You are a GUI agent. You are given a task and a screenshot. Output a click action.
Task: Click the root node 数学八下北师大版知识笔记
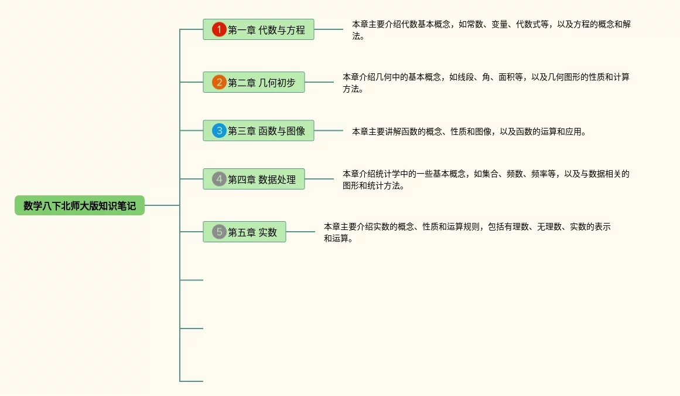coord(80,205)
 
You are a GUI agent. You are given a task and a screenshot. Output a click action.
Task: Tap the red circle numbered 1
coord(219,29)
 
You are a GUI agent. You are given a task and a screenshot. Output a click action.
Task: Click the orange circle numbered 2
coord(219,82)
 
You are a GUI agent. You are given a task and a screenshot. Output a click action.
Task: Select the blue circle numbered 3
coord(219,131)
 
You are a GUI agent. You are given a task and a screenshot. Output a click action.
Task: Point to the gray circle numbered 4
coord(219,179)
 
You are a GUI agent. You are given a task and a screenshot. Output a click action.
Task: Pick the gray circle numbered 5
coord(219,232)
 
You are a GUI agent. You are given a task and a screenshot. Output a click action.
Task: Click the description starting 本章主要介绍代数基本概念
coord(491,30)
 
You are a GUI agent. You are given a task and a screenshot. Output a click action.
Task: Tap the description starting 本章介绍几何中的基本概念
coord(486,83)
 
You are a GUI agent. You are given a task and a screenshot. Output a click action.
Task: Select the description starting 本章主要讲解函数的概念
coord(469,132)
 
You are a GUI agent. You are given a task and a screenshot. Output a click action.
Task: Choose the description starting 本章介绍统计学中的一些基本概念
coord(486,180)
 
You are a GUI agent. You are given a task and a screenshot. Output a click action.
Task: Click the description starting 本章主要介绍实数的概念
coord(467,232)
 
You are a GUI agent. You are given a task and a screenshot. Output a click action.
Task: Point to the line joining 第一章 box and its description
coord(329,29)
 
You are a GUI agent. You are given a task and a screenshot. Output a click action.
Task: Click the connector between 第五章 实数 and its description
coord(300,232)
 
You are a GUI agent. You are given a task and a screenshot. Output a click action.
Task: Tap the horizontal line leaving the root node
coord(162,205)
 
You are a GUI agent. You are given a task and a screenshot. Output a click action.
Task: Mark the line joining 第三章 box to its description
coord(329,131)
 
